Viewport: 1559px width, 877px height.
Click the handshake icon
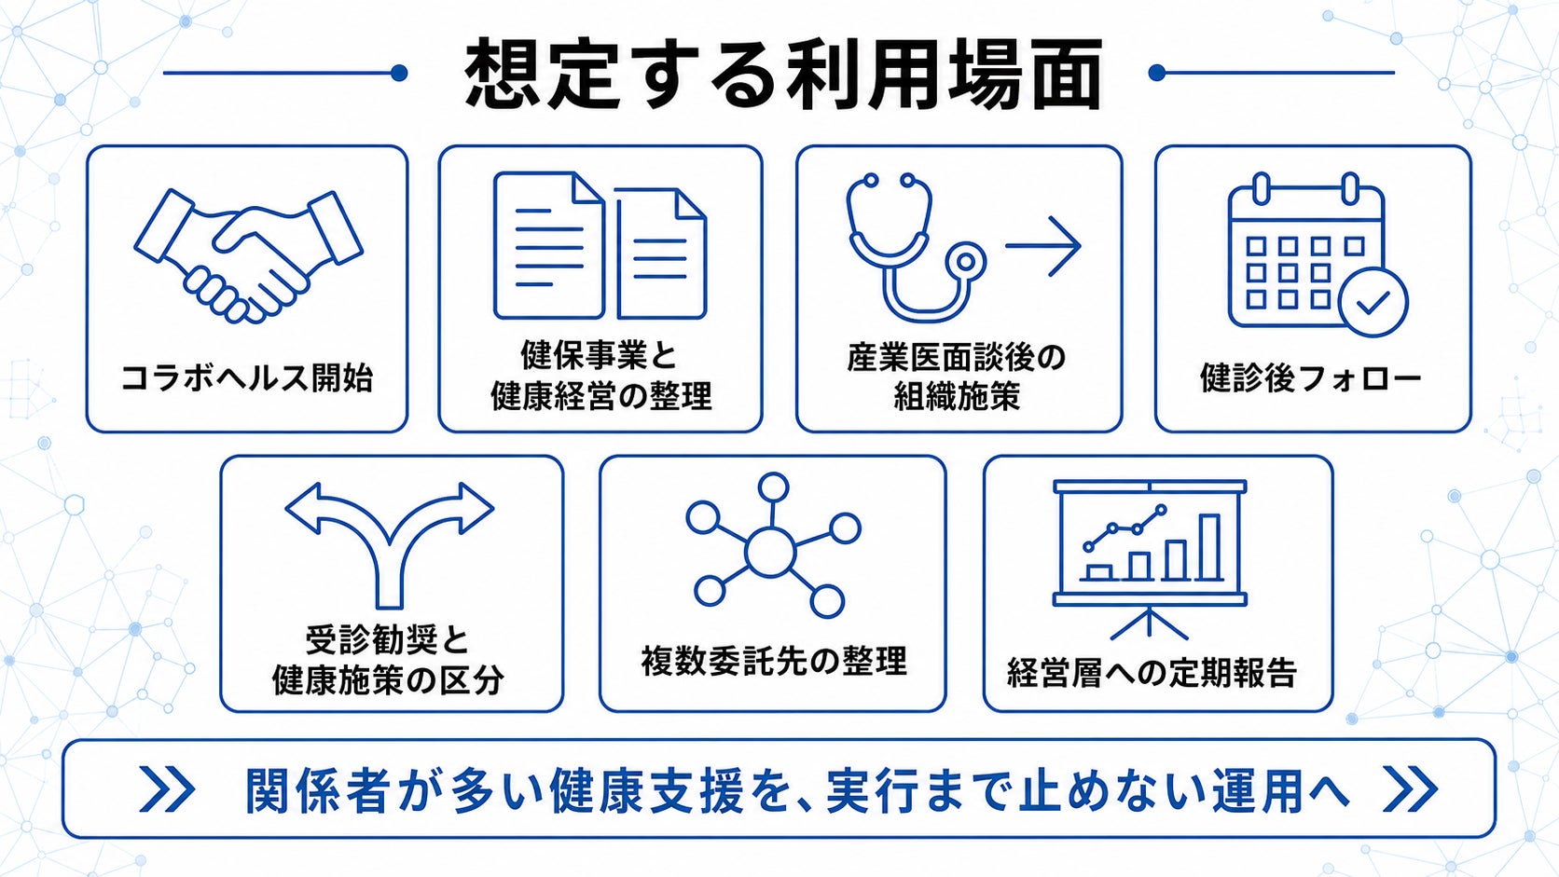pos(248,256)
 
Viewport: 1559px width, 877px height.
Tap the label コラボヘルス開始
pos(247,378)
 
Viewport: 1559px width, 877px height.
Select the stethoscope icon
pos(916,247)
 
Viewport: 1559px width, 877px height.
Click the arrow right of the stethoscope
pos(1042,245)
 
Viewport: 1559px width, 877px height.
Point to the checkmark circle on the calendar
pos(1373,303)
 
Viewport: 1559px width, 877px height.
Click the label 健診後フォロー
pos(1311,378)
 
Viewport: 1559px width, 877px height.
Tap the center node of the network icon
pos(770,552)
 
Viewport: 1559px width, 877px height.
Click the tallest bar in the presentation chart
pos(1209,547)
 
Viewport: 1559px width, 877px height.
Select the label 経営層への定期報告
pos(1152,673)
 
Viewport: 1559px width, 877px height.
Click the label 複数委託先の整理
pos(774,661)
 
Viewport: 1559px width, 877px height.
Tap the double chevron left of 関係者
pos(167,788)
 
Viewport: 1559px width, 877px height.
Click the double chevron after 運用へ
pos(1410,788)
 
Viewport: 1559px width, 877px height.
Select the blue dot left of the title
pos(399,73)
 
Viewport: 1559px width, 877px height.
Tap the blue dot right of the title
pos(1157,73)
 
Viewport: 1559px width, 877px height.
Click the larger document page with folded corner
pos(549,245)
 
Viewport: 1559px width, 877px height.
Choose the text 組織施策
pos(957,396)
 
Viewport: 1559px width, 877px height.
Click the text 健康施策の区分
pos(388,680)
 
